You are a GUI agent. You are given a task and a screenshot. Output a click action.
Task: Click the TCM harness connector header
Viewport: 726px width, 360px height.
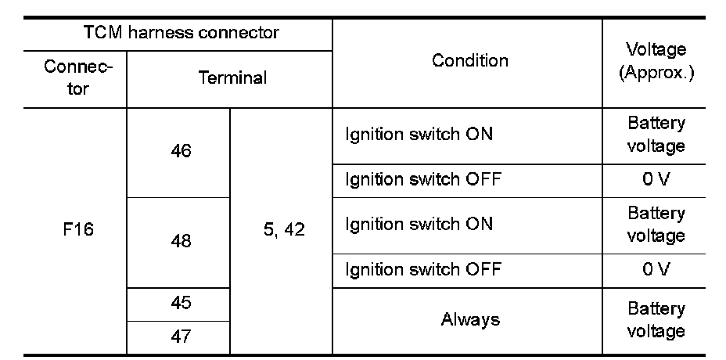(181, 34)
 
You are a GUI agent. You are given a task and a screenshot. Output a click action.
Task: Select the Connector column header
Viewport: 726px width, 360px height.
(77, 77)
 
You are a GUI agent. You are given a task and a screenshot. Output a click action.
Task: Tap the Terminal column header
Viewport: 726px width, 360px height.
(232, 77)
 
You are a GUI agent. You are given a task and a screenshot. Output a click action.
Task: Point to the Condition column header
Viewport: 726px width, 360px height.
(469, 60)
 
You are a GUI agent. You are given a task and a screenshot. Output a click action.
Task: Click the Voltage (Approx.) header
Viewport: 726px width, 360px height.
(656, 60)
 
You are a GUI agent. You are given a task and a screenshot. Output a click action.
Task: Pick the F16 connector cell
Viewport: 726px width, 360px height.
(77, 232)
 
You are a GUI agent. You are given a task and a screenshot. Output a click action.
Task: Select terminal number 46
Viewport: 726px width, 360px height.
(181, 151)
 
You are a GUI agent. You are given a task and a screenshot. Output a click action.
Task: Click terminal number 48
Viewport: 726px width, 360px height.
(181, 241)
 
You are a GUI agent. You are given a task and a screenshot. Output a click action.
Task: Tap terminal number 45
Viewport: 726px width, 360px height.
(181, 303)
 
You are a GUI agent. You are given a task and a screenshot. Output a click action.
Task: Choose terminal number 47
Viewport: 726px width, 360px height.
(181, 337)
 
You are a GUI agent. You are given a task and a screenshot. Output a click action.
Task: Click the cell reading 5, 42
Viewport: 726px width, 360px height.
(283, 232)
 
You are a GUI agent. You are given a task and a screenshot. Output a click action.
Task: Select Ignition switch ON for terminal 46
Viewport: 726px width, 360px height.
(419, 134)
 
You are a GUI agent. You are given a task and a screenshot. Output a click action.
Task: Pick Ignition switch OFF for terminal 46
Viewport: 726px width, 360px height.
(422, 179)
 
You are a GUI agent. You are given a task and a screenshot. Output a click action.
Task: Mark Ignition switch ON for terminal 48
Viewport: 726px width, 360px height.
(419, 224)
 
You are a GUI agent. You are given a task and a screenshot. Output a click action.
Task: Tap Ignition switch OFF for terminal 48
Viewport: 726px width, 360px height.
(422, 269)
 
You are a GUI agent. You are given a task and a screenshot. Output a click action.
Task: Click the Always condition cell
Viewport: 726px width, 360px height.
(469, 319)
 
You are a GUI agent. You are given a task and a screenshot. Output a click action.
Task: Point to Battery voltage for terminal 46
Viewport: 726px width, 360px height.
(656, 134)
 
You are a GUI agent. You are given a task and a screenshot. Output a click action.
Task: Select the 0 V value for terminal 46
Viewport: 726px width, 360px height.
(656, 179)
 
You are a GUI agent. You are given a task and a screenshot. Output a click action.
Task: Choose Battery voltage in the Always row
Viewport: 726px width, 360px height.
(656, 319)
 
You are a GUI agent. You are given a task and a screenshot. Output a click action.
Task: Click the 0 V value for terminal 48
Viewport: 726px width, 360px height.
(656, 269)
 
